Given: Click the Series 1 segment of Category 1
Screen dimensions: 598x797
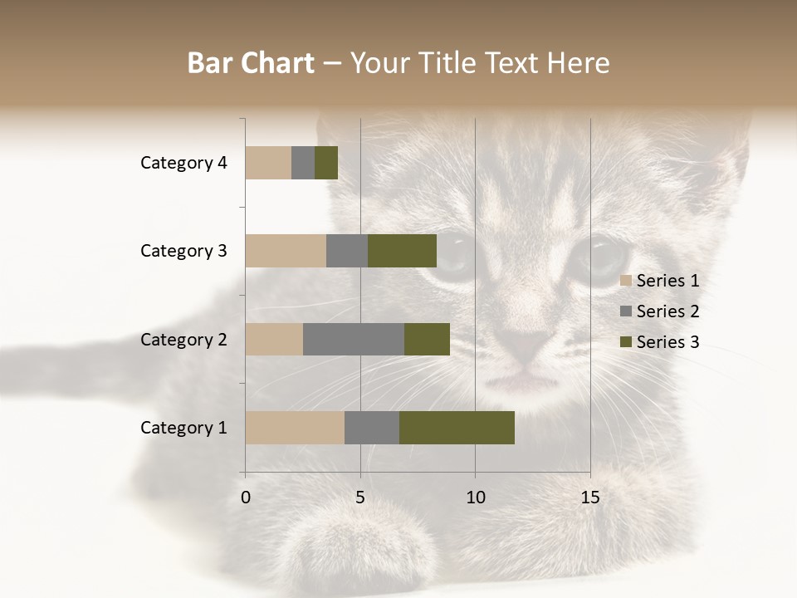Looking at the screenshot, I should coord(295,428).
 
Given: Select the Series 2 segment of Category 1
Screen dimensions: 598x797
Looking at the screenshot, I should coord(372,428).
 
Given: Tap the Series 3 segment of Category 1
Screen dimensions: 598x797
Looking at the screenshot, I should coord(457,428).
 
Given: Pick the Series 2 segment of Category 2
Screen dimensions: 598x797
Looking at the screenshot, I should coord(354,339).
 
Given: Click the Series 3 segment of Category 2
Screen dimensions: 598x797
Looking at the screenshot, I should coord(427,339).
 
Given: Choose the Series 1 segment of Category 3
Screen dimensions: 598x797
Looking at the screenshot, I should coord(286,251).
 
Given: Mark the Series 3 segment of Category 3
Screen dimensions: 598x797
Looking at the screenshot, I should coord(402,251).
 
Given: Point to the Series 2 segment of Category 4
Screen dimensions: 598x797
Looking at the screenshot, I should coord(303,163).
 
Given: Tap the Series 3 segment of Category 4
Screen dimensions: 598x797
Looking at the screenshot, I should coord(326,163).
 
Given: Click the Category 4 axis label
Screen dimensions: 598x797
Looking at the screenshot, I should coord(183,163).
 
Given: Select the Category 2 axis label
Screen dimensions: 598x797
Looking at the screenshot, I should coord(183,339).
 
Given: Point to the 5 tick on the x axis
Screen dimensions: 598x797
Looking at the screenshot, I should coord(360,498).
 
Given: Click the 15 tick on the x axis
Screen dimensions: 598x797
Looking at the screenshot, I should coord(590,498).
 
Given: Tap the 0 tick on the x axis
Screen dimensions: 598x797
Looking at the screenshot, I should coord(246,498).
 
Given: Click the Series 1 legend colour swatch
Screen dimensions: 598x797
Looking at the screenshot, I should coord(626,281).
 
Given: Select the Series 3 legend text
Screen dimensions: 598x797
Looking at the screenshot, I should coord(667,342).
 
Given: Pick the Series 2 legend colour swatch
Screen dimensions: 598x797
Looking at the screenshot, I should coord(626,311).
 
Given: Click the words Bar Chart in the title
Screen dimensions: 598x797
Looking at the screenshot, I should coord(251,63).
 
